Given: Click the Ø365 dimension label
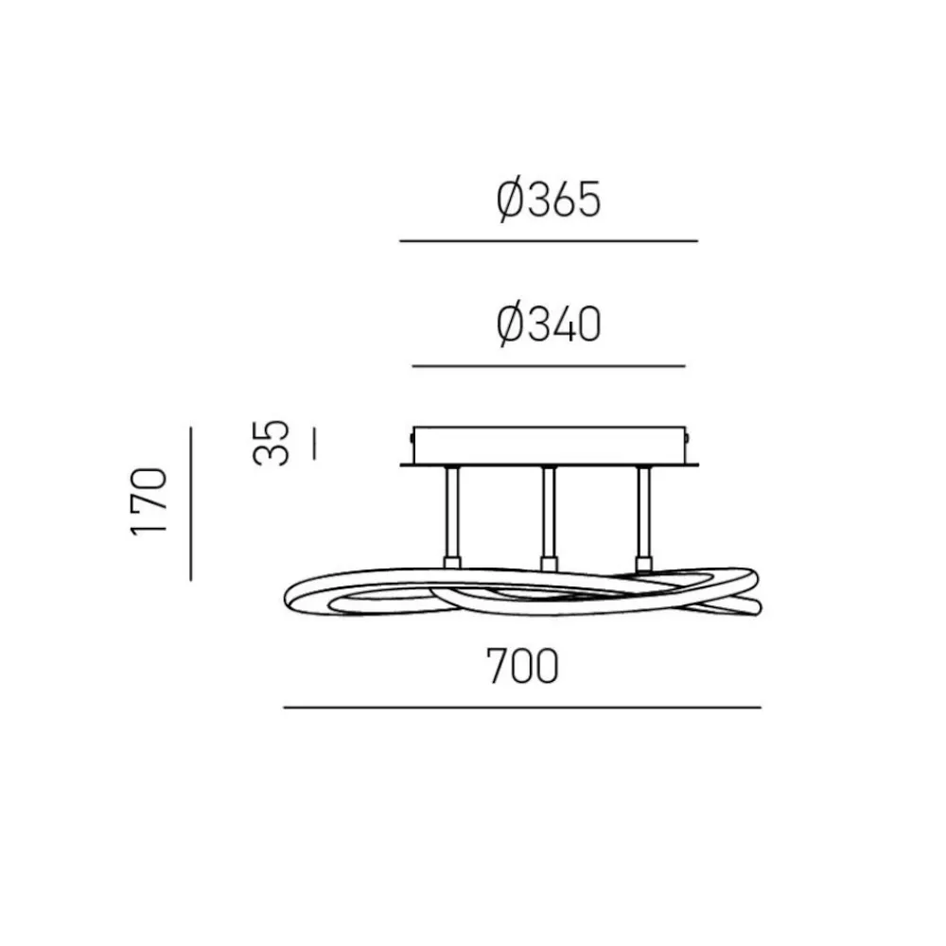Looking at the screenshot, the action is tap(549, 200).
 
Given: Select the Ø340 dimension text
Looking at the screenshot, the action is tap(549, 324).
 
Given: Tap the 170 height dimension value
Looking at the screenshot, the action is tap(149, 502).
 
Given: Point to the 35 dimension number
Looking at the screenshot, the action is tap(271, 442).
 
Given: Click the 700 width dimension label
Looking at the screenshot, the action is tap(522, 666).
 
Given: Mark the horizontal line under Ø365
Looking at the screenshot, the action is tap(549, 240).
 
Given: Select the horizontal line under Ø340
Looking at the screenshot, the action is tap(549, 365).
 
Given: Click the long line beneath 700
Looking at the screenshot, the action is tap(522, 707).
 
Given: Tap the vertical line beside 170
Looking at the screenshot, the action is tap(191, 504).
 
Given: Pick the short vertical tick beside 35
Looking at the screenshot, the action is tap(314, 443).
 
